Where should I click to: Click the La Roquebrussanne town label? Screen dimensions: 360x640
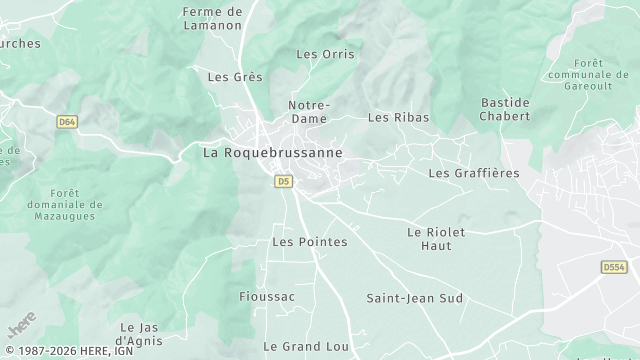click(x=272, y=153)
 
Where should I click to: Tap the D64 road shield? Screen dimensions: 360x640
click(x=67, y=121)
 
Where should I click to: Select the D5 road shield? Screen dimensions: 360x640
click(x=284, y=181)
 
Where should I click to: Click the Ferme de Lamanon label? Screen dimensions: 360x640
click(x=212, y=18)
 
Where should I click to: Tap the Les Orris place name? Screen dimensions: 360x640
click(x=326, y=54)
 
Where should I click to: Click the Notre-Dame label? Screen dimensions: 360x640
click(x=309, y=111)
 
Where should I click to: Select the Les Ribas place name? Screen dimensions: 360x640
click(x=398, y=117)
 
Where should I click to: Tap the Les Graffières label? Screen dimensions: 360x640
click(x=474, y=173)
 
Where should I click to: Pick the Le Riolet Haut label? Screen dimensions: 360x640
click(x=436, y=238)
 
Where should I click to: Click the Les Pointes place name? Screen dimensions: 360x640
click(x=310, y=242)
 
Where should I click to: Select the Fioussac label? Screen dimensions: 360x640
click(x=268, y=297)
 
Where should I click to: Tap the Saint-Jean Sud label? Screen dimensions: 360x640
click(x=414, y=298)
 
